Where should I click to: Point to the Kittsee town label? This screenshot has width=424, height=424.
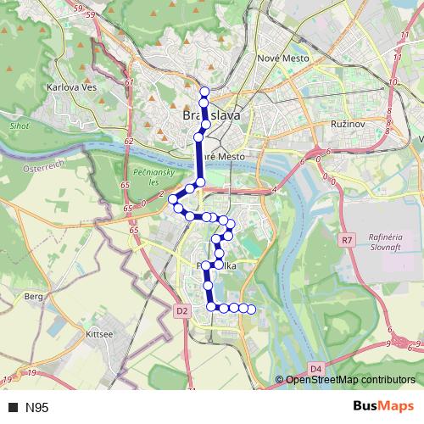[99, 335]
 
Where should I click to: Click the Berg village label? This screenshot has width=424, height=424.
[34, 297]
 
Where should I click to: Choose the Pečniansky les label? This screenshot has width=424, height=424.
[130, 176]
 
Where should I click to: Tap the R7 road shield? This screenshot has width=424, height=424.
[347, 240]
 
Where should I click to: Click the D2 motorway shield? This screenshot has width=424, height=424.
[182, 311]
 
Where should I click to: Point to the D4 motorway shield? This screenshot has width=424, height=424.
[315, 368]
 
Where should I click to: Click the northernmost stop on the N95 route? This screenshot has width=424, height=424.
[204, 92]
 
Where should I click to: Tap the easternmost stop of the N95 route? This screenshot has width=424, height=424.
[251, 308]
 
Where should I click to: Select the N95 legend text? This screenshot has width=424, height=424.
[37, 408]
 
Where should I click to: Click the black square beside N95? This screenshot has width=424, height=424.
[13, 408]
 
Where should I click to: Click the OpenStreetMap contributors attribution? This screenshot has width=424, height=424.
[349, 380]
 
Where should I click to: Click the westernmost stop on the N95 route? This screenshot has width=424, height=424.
[172, 199]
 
